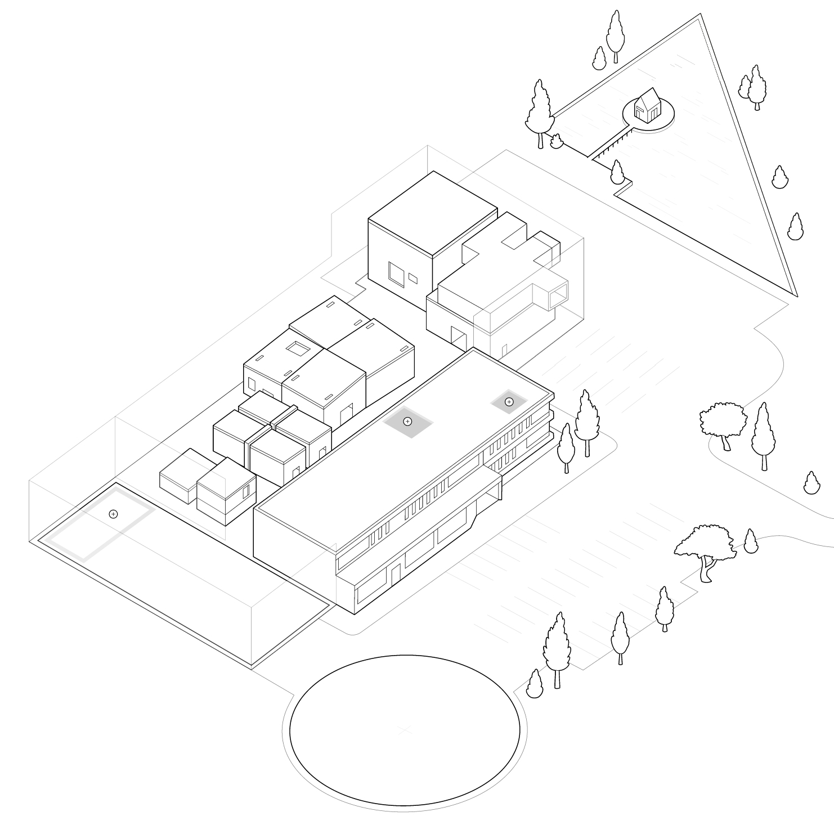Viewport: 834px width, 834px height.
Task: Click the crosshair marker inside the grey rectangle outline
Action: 113,514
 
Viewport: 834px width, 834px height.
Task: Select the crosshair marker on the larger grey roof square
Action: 408,422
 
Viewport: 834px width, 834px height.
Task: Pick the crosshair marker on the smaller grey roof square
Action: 509,402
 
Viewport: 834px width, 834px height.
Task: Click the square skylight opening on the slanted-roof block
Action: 298,349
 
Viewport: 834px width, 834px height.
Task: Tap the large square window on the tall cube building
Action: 396,273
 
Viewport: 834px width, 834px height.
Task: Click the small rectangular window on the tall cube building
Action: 413,277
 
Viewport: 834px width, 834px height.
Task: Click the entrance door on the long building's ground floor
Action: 396,573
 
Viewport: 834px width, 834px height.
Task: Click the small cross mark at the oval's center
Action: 403,730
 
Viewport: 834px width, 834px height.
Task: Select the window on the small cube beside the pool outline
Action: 246,491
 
